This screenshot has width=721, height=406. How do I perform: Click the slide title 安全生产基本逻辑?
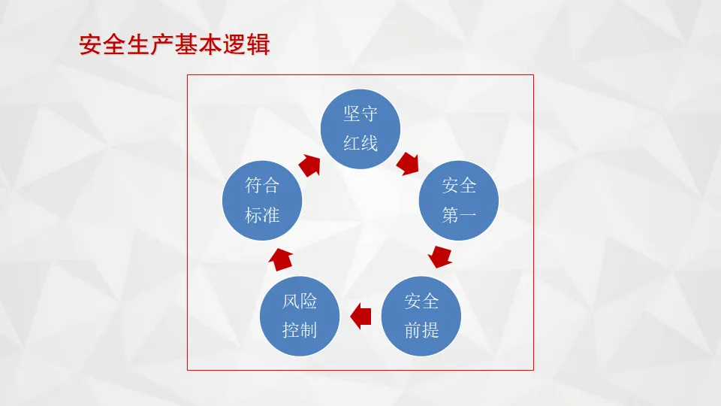click(174, 44)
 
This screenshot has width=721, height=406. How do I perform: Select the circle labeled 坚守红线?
click(360, 129)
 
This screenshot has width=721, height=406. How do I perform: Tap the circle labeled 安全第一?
click(459, 201)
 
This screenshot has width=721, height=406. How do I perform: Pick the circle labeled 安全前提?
click(421, 316)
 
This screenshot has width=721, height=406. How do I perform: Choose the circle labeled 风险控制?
click(300, 316)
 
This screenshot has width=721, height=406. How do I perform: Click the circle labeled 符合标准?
click(262, 201)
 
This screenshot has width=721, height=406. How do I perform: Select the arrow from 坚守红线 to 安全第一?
click(408, 163)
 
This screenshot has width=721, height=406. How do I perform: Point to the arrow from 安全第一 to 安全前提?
click(440, 256)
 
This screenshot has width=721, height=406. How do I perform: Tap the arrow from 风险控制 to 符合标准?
click(282, 258)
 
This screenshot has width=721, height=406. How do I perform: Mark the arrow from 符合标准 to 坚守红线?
click(310, 165)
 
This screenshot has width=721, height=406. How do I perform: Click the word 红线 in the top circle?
click(360, 143)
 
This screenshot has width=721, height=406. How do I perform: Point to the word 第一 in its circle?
click(459, 215)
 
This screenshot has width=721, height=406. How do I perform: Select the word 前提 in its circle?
click(421, 330)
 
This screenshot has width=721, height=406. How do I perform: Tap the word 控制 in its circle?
click(300, 330)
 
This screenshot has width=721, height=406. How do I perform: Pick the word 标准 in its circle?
click(262, 215)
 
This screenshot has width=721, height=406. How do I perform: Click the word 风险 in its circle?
click(300, 301)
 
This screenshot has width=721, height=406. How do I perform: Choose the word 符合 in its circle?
click(262, 186)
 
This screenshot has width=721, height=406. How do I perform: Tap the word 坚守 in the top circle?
click(360, 114)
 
